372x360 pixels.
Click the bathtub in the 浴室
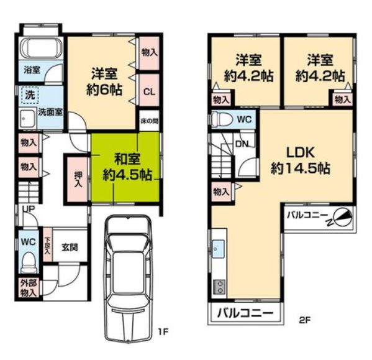pyautogui.click(x=40, y=48)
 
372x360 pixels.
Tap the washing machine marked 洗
pyautogui.click(x=30, y=95)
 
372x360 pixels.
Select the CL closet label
pyautogui.click(x=149, y=91)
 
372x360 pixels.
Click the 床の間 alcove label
pyautogui.click(x=149, y=121)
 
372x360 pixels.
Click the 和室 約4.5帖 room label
pyautogui.click(x=127, y=167)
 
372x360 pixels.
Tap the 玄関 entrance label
pyautogui.click(x=70, y=247)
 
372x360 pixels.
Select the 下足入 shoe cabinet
pyautogui.click(x=47, y=244)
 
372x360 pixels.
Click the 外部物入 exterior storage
pyautogui.click(x=28, y=288)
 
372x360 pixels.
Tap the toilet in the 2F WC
pyautogui.click(x=222, y=119)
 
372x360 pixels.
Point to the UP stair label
pyautogui.click(x=29, y=209)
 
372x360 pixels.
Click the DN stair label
pyautogui.click(x=242, y=144)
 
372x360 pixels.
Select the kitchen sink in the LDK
pyautogui.click(x=218, y=249)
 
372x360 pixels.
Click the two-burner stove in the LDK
pyautogui.click(x=219, y=287)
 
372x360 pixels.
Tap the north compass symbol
pyautogui.click(x=343, y=218)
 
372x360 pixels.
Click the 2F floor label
pyautogui.click(x=305, y=320)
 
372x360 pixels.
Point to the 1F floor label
pyautogui.click(x=163, y=331)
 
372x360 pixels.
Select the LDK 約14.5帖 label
pyautogui.click(x=301, y=160)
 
